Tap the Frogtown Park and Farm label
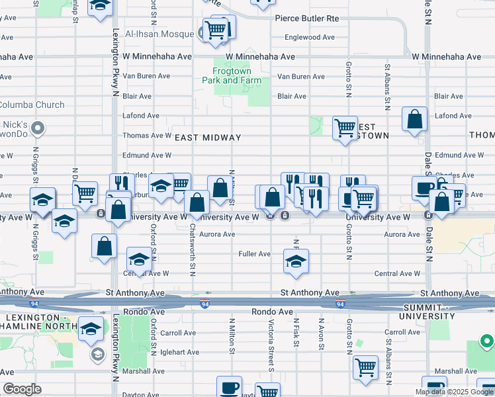tap(237, 75)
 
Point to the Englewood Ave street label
tap(310, 38)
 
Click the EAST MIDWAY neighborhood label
tap(207, 137)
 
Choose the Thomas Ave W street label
tap(147, 136)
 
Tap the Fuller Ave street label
tap(255, 254)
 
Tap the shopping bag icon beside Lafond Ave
tap(414, 120)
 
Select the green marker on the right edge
tap(486, 341)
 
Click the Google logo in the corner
tap(22, 389)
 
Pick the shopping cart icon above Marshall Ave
tap(365, 367)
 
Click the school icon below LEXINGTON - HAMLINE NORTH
tap(91, 328)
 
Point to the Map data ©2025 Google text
tap(453, 392)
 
